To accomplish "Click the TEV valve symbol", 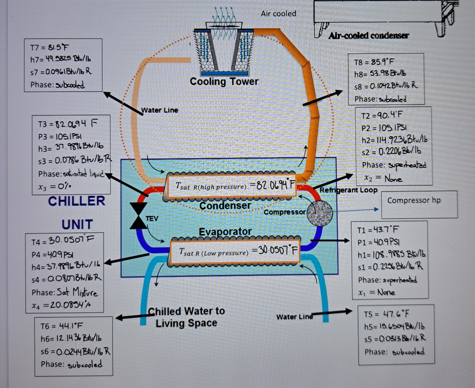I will point(138,216).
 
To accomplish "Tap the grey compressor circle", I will point(320,213).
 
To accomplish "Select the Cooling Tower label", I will point(224,82).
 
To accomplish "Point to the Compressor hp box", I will point(419,204).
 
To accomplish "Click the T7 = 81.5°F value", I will point(50,47).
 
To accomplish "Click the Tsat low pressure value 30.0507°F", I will point(274,250).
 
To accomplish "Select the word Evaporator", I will point(225,232).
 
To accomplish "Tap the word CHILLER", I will point(76,201).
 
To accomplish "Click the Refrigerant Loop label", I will point(348,190).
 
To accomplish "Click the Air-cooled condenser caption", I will point(368,35).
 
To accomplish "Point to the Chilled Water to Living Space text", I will point(186,317).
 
